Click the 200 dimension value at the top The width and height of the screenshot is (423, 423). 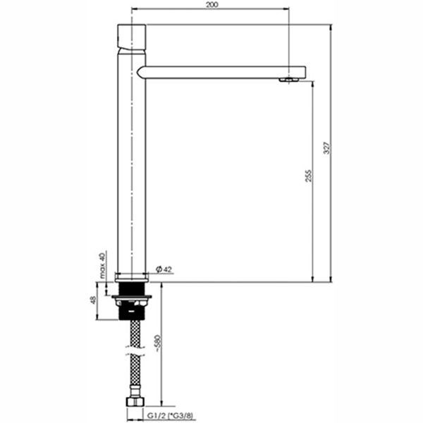[x=211, y=5]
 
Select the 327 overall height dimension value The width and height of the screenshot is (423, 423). [x=326, y=148]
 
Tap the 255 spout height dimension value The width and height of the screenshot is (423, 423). [x=308, y=176]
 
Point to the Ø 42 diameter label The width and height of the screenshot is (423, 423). [x=164, y=269]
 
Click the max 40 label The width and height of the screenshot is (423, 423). [x=102, y=266]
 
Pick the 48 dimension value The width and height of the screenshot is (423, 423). [x=93, y=300]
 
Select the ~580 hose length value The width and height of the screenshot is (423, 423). [x=158, y=343]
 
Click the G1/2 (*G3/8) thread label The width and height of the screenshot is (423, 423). [x=170, y=416]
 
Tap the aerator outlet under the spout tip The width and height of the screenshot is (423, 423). [x=289, y=80]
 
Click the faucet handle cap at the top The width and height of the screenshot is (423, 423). [x=132, y=37]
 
